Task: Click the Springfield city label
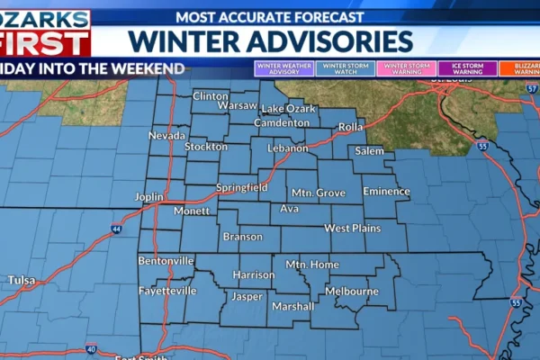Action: [x=241, y=187]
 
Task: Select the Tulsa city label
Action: [x=22, y=281]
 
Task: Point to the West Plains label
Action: [x=352, y=229]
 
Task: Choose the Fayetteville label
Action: [x=166, y=292]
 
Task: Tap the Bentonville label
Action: [x=166, y=261]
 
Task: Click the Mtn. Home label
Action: [x=311, y=265]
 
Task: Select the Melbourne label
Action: [x=351, y=292]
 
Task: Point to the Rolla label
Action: [x=350, y=127]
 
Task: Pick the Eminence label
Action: [x=386, y=191]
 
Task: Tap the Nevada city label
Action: [x=166, y=136]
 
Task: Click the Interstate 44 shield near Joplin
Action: [x=118, y=229]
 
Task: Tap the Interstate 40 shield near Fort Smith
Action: [x=91, y=348]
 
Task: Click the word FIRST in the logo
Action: [x=45, y=42]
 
